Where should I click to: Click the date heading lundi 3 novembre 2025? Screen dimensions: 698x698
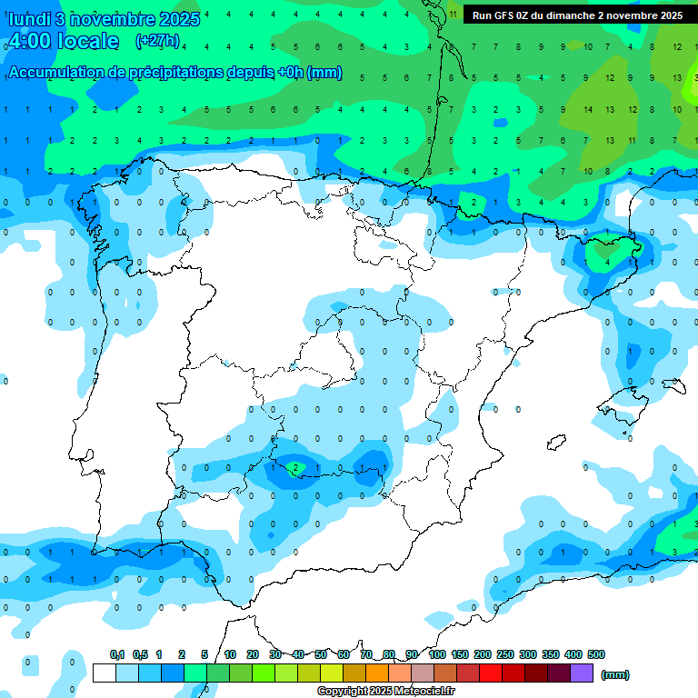pos(103,19)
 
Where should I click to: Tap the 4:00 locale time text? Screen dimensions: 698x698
pos(63,41)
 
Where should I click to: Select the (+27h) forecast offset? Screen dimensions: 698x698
pos(157,41)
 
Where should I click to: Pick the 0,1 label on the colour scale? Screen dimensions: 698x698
pos(117,654)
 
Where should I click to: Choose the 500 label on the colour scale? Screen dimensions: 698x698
pos(596,654)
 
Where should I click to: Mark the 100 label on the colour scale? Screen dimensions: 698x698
pos(436,654)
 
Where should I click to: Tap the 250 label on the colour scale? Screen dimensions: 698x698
pos(505,654)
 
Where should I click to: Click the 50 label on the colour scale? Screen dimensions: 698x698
pos(321,654)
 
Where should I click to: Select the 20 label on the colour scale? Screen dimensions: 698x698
pos(253,654)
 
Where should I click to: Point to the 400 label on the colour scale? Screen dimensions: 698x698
pos(573,654)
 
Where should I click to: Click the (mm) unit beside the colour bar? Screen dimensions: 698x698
pos(615,674)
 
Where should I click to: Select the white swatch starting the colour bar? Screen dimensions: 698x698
pos(104,673)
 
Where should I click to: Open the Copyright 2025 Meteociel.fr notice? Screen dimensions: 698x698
pos(385,692)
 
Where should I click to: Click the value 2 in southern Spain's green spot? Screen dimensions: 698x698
pos(295,468)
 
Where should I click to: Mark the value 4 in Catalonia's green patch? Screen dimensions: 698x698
pos(608,262)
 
